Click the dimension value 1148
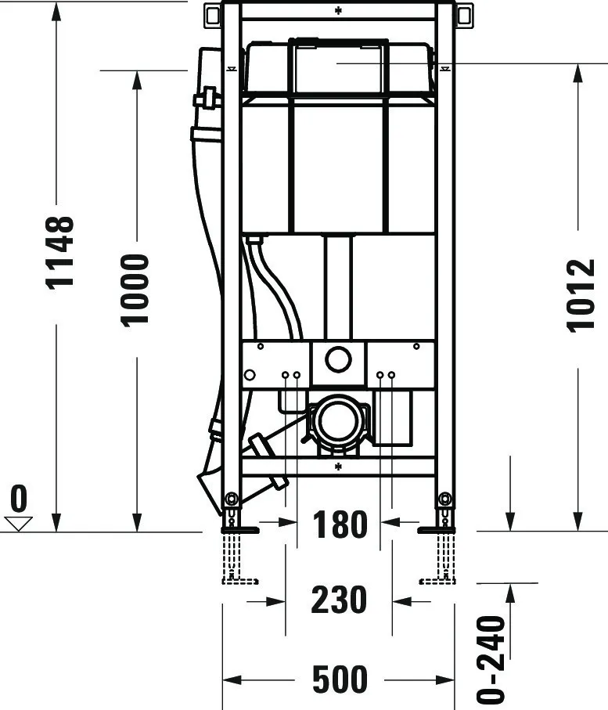(x=59, y=251)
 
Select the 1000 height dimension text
(x=135, y=289)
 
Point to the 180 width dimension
(x=340, y=524)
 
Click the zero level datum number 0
(x=18, y=499)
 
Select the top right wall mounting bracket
(x=464, y=13)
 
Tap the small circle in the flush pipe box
(x=338, y=361)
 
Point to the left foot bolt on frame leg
(x=231, y=499)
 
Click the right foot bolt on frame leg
(x=445, y=499)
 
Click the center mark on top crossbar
(x=338, y=10)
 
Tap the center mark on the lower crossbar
(x=338, y=467)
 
